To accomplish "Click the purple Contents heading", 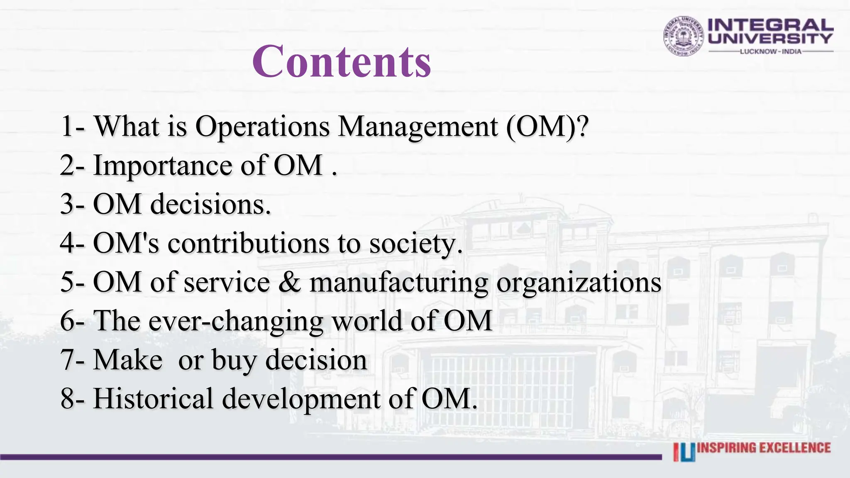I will [x=342, y=61].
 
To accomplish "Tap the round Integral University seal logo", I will [x=684, y=36].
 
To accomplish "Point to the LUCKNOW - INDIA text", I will [x=771, y=51].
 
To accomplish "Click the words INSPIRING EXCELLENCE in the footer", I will [x=764, y=448].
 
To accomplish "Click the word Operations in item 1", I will [x=262, y=126].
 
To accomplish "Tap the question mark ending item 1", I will [x=583, y=126].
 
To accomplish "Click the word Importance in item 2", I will [x=163, y=166].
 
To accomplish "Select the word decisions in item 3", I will [x=210, y=205].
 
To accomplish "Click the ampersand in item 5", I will [x=290, y=282].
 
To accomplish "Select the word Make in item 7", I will [x=128, y=359].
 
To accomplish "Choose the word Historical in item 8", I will [x=153, y=398].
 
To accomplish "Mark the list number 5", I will [x=67, y=282].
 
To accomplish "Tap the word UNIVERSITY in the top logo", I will [x=770, y=39].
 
